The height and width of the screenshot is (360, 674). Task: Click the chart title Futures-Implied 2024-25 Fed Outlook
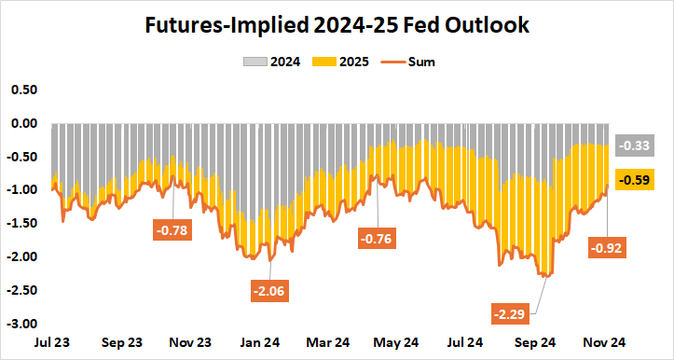coord(337,26)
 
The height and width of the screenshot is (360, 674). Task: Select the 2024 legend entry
coord(272,62)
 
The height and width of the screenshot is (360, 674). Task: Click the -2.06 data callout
coord(269,290)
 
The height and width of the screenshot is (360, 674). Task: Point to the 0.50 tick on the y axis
coord(22,90)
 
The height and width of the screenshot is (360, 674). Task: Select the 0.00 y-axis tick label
coord(22,123)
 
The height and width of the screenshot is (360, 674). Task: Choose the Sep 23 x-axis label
coord(121,342)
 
